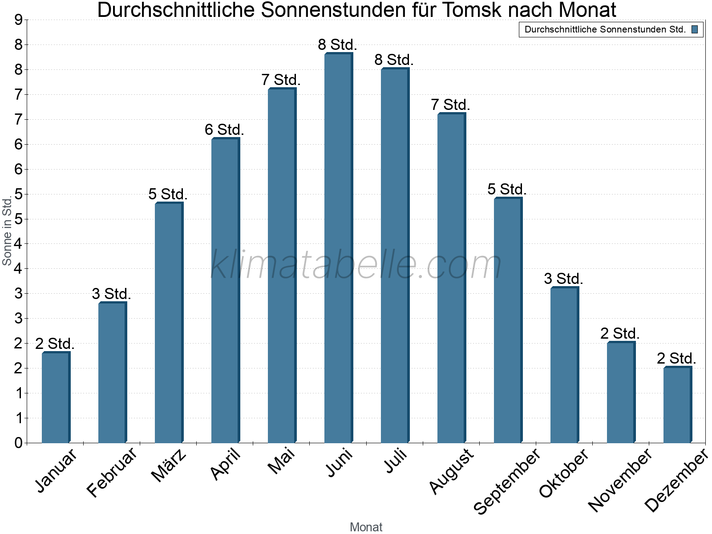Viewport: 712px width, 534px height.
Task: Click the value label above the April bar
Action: pyautogui.click(x=224, y=130)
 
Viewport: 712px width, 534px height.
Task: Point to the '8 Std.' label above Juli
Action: pyautogui.click(x=394, y=60)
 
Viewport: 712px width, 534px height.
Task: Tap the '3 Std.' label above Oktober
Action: pyautogui.click(x=563, y=279)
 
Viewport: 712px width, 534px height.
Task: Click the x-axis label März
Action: pyautogui.click(x=169, y=465)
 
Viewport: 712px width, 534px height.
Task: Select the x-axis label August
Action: pyautogui.click(x=452, y=471)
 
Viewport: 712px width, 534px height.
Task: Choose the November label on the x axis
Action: pyautogui.click(x=620, y=480)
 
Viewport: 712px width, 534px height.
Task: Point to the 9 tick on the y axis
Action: pyautogui.click(x=18, y=20)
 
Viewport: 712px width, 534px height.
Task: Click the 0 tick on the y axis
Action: pyautogui.click(x=18, y=443)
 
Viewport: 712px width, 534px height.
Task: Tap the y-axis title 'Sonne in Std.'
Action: pyautogui.click(x=7, y=231)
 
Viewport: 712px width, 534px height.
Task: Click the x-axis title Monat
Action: pyautogui.click(x=366, y=527)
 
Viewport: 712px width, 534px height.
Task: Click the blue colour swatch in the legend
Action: pyautogui.click(x=695, y=30)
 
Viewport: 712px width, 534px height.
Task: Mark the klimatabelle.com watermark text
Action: pyautogui.click(x=356, y=265)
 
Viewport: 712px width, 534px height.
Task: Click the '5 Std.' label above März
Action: pyautogui.click(x=168, y=194)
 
